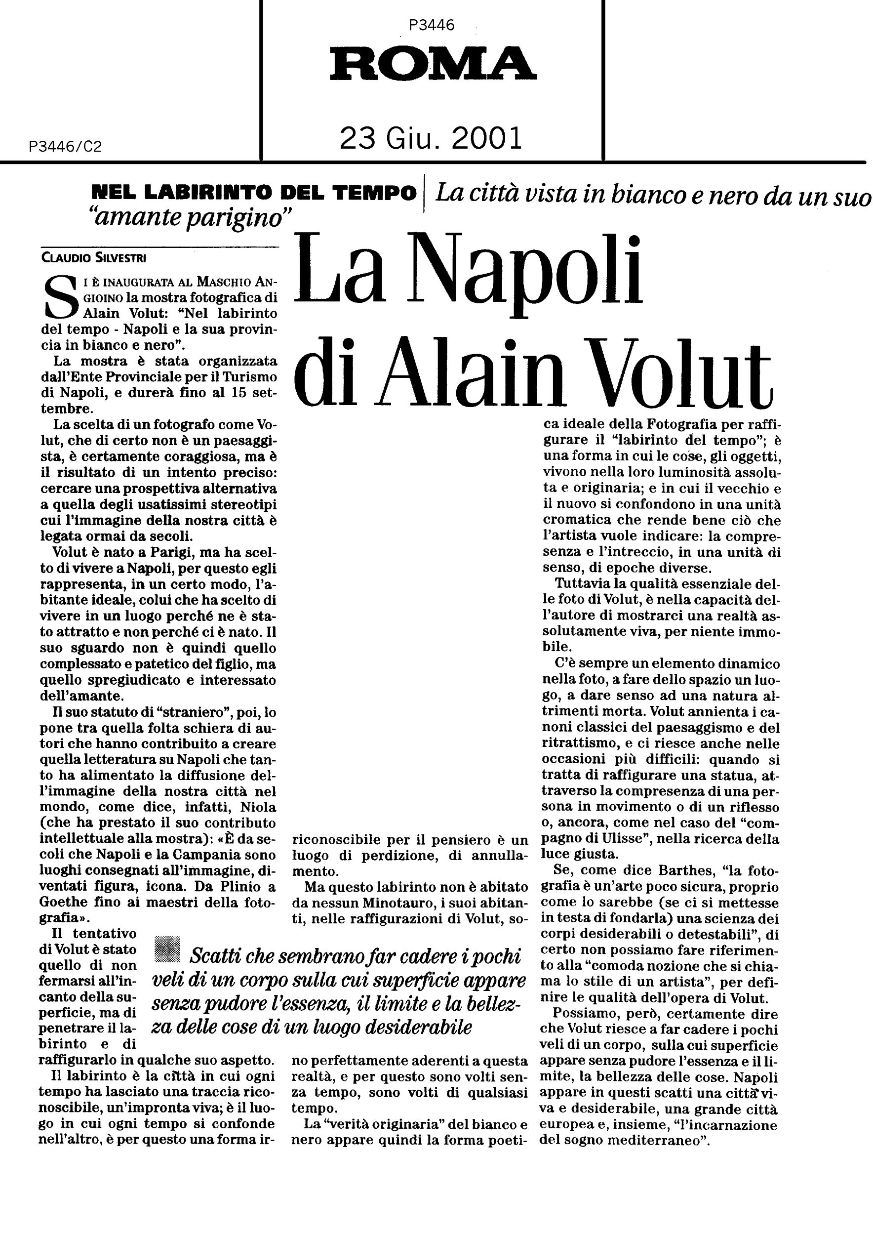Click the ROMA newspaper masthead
click(x=433, y=63)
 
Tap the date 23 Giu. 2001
click(x=431, y=139)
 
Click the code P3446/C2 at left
click(x=66, y=147)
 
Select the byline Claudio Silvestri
click(x=93, y=258)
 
